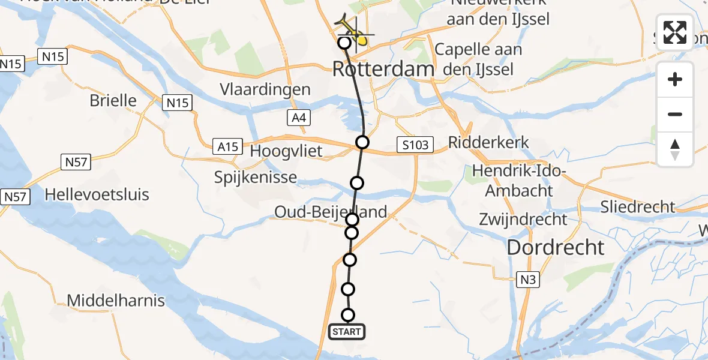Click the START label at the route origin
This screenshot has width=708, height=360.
347,332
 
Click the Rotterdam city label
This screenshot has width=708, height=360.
383,69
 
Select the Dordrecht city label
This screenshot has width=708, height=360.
556,247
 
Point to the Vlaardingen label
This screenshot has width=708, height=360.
265,90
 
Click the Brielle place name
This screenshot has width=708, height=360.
113,100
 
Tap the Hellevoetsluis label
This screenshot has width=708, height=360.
97,194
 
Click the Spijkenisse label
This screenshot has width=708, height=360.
255,178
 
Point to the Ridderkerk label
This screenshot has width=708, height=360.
488,142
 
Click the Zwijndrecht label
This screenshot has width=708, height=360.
523,219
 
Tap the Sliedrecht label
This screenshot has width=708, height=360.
638,207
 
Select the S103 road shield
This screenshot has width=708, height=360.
415,144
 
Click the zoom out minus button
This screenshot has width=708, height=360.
675,114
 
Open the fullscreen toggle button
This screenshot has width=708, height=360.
675,32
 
